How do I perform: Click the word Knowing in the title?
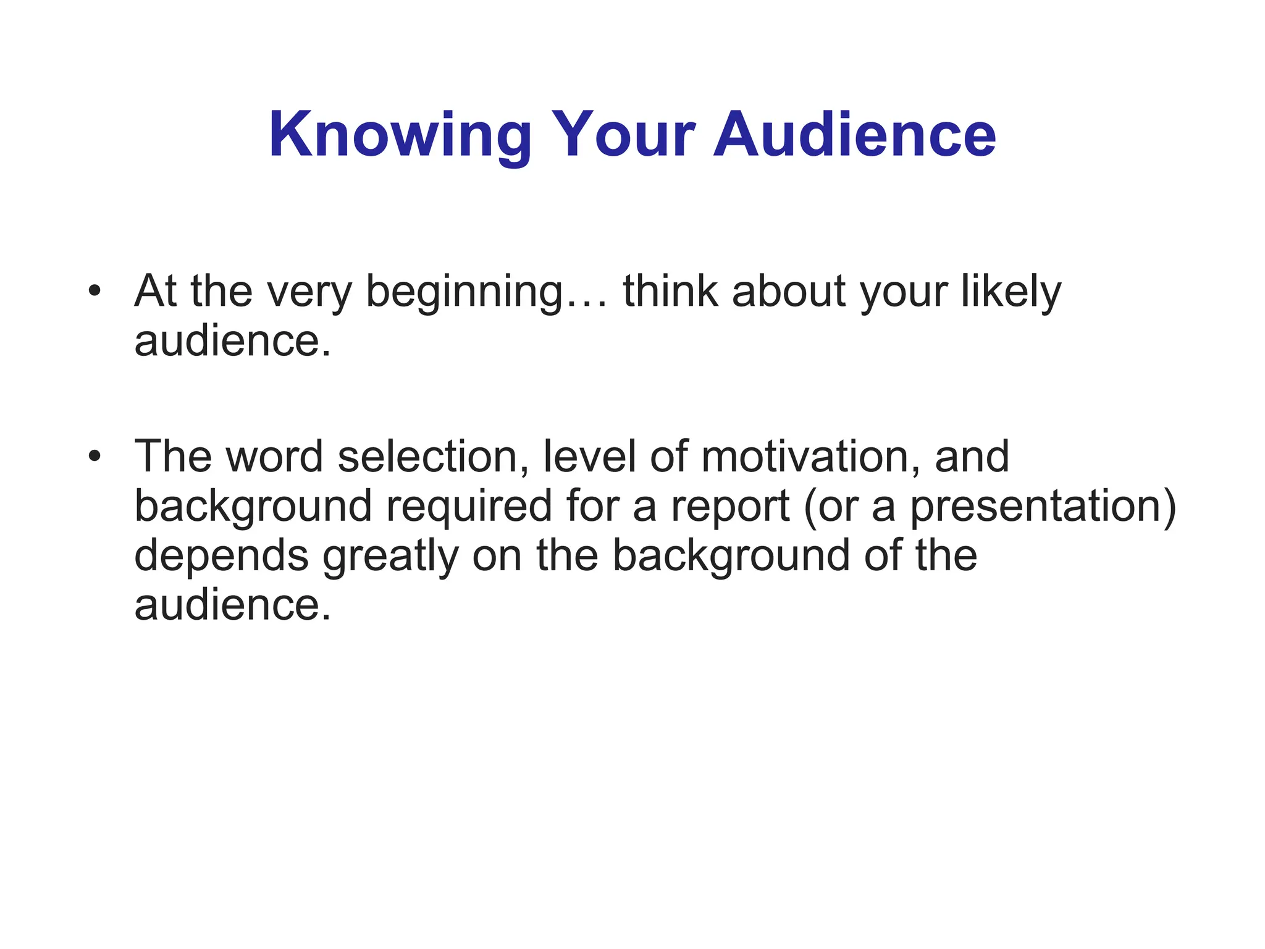[400, 135]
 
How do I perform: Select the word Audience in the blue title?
[854, 134]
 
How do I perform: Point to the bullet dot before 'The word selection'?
[94, 456]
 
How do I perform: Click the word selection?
[432, 456]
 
